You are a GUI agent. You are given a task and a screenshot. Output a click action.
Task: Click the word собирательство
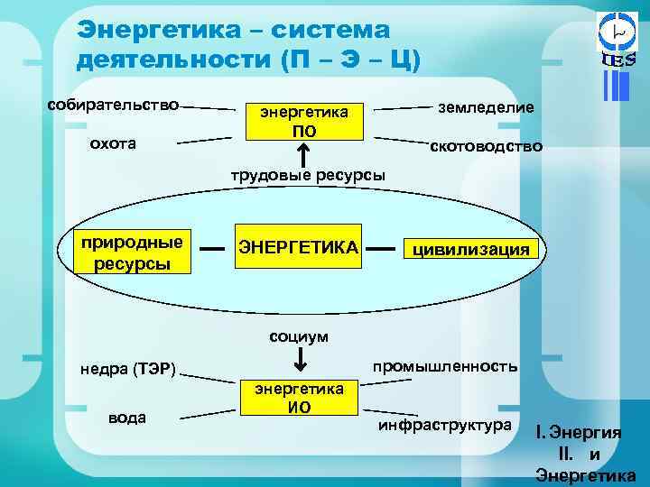click(114, 104)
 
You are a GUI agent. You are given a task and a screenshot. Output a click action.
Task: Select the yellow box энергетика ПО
click(304, 121)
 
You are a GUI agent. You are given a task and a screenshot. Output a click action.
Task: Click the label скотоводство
click(485, 145)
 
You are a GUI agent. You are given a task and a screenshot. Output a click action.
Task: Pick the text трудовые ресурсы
click(304, 174)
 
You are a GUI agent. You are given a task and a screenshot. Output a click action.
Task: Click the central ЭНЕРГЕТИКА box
click(298, 246)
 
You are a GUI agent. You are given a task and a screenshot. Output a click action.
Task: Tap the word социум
click(299, 336)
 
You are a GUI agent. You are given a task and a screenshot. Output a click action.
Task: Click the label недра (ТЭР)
click(127, 367)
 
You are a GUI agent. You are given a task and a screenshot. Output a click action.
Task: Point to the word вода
click(126, 418)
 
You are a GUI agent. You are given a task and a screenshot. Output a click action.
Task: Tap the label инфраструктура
click(444, 424)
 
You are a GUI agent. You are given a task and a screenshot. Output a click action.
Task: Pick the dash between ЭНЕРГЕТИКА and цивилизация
click(382, 246)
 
